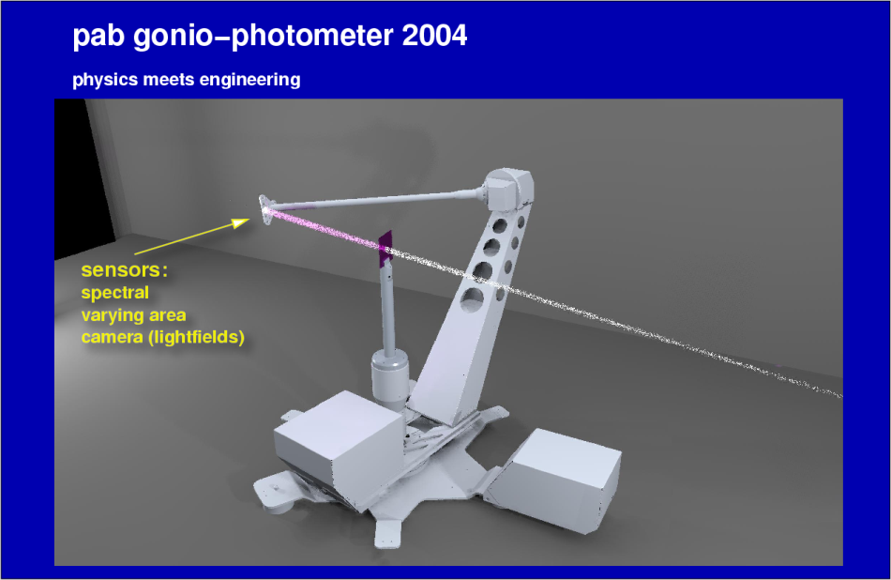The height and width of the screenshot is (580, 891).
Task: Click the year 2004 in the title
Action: pyautogui.click(x=434, y=36)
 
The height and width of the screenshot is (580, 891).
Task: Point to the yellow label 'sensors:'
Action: pyautogui.click(x=125, y=270)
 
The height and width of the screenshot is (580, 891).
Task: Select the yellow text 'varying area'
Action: pyautogui.click(x=133, y=315)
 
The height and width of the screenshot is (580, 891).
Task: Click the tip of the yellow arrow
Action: pyautogui.click(x=249, y=220)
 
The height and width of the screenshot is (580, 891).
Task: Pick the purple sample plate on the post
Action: pyautogui.click(x=385, y=249)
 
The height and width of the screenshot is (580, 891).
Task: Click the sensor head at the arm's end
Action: pyautogui.click(x=265, y=208)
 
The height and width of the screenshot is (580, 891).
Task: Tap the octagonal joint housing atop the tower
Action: pyautogui.click(x=508, y=189)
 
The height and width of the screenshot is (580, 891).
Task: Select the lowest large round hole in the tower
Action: pyautogui.click(x=472, y=299)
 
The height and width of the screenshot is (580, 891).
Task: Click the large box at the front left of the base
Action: pyautogui.click(x=338, y=445)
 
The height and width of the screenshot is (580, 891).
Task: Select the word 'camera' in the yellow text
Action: pyautogui.click(x=112, y=338)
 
